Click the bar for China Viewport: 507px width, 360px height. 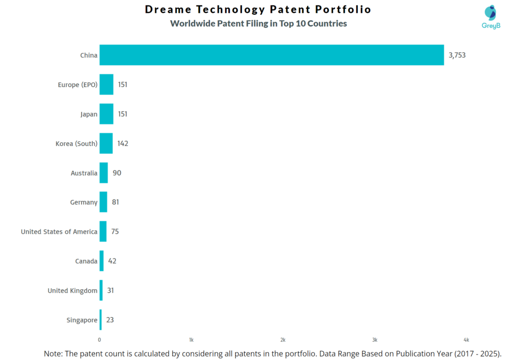(271, 55)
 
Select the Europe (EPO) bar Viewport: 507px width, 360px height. (106, 84)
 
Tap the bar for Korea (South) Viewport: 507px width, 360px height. (106, 143)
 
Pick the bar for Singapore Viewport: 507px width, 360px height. (101, 320)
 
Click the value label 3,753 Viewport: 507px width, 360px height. (457, 55)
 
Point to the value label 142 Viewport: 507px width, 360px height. (123, 143)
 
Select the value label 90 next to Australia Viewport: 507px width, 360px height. (117, 173)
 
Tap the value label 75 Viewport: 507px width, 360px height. (115, 231)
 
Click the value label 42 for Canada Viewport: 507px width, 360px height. (112, 261)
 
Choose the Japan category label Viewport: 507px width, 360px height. (89, 114)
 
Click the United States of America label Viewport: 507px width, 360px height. (59, 231)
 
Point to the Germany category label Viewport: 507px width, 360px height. (84, 202)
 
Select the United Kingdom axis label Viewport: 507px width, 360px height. (72, 291)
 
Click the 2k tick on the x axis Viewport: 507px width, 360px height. (283, 340)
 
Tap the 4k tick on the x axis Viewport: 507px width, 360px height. (466, 340)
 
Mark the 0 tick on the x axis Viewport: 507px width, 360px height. (100, 340)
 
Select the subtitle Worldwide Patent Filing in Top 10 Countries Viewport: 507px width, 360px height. (258, 23)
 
